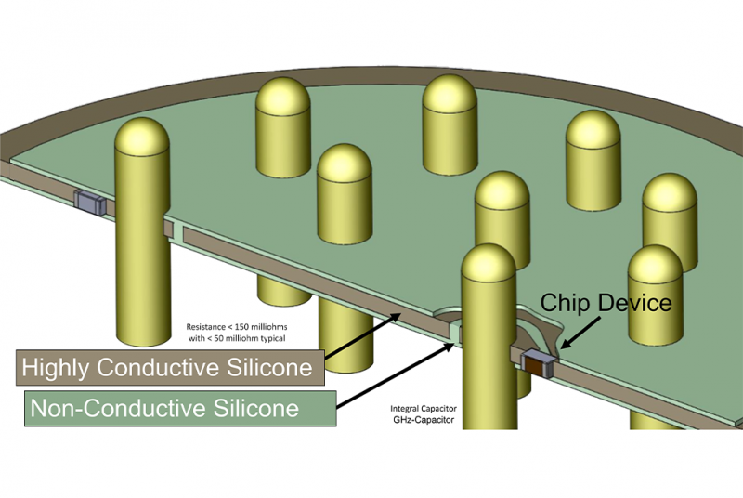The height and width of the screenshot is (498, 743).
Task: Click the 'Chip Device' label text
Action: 606,303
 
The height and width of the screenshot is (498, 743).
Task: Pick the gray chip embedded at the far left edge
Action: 90,202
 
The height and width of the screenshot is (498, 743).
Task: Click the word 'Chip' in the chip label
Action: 565,303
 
